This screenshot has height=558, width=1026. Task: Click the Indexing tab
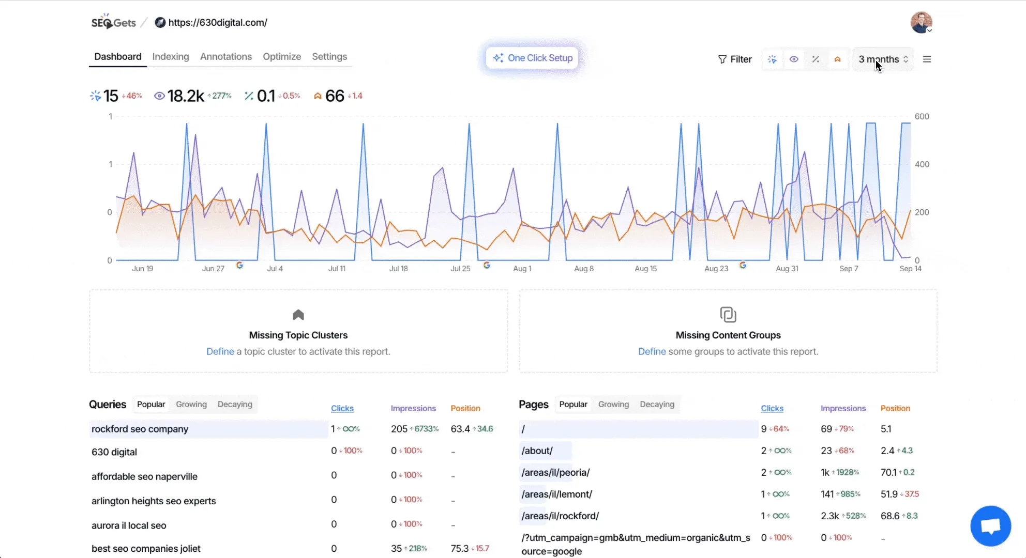[170, 57]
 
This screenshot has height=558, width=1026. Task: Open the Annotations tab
[225, 57]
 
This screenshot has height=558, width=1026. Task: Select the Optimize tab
[281, 57]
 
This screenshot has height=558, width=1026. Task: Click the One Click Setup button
[532, 58]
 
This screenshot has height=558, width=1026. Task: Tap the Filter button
[734, 59]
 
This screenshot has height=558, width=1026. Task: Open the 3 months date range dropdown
[883, 59]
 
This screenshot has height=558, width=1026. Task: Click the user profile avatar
[921, 23]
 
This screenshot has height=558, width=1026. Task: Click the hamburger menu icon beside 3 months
[927, 59]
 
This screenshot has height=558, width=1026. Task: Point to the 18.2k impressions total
[185, 96]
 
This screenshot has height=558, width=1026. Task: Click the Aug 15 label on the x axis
[645, 269]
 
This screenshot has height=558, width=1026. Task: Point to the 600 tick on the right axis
[922, 117]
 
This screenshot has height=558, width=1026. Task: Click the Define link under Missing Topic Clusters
[220, 352]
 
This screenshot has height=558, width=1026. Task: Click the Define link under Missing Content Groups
[652, 352]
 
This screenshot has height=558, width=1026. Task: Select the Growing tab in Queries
[191, 405]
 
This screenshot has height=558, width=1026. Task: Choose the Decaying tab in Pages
[657, 405]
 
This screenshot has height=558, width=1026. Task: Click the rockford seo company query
[140, 429]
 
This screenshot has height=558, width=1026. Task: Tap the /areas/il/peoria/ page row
[555, 473]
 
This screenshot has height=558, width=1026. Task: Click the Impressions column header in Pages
[842, 409]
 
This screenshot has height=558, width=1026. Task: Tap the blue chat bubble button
[990, 526]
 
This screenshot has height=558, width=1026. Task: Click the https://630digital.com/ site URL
[217, 23]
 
